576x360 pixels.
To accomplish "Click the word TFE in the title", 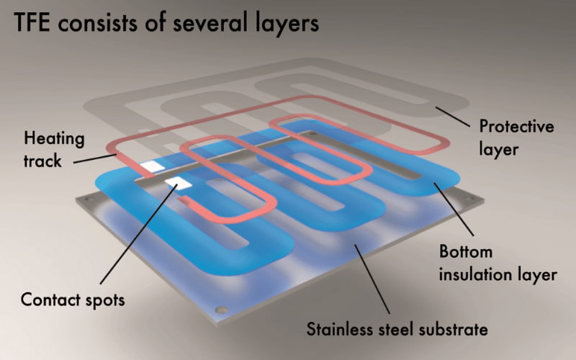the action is click(x=32, y=23).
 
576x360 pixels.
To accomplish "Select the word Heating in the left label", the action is click(x=55, y=140).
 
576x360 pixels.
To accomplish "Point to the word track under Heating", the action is click(x=42, y=161).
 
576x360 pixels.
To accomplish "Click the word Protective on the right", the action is click(x=516, y=126).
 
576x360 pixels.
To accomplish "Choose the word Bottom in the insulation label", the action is click(x=465, y=251).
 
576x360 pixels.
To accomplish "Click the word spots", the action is click(x=105, y=300).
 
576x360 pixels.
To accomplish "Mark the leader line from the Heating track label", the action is click(x=95, y=158).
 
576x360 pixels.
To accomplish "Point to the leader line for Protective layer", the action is click(x=453, y=117).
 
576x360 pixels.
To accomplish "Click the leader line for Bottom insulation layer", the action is click(x=454, y=209).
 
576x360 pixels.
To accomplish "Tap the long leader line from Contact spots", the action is click(x=138, y=234).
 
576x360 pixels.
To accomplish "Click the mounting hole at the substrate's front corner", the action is click(x=222, y=310).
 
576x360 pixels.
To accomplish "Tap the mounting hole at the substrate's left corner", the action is click(x=88, y=199).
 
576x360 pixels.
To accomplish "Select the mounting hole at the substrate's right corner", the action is click(x=470, y=199).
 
